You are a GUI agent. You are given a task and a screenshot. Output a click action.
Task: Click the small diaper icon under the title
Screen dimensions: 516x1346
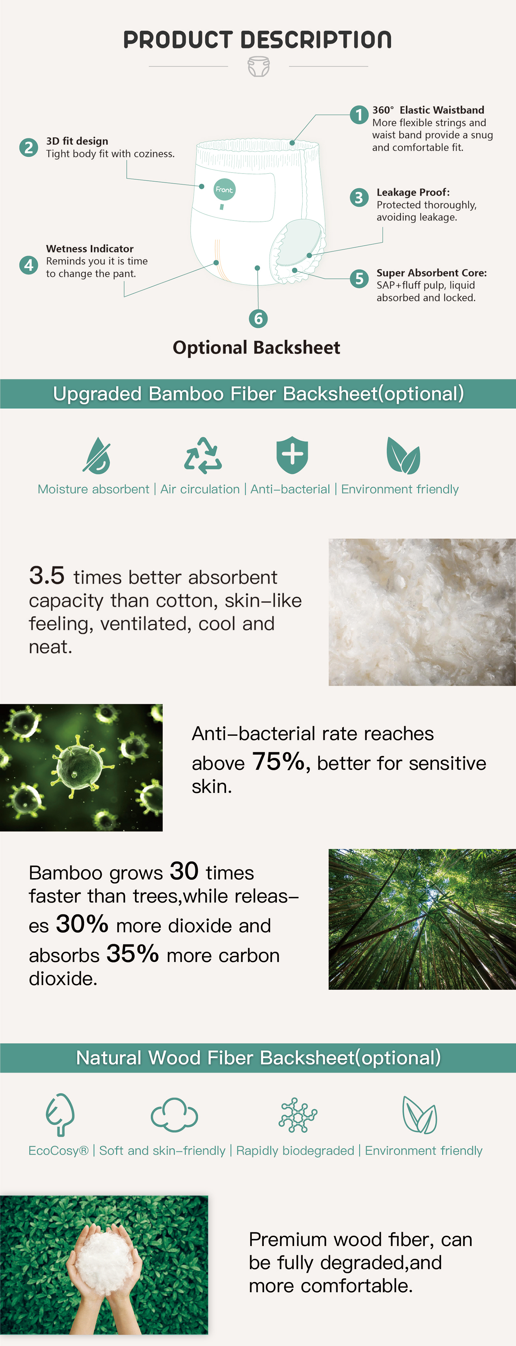pyautogui.click(x=259, y=67)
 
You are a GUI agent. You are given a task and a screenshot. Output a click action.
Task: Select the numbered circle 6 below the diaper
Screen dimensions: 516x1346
pyautogui.click(x=258, y=318)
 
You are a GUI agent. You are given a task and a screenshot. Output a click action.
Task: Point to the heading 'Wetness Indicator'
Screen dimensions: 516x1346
pyautogui.click(x=90, y=249)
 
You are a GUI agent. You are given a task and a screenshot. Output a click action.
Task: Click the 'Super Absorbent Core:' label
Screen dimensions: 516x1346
pyautogui.click(x=431, y=273)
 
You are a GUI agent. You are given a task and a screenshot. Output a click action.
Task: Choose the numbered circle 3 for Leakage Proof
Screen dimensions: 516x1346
pyautogui.click(x=359, y=198)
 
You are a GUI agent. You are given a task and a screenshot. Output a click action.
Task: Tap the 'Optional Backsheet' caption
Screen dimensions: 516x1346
pyautogui.click(x=256, y=347)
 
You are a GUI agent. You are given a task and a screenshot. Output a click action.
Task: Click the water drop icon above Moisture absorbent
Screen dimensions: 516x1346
pyautogui.click(x=97, y=455)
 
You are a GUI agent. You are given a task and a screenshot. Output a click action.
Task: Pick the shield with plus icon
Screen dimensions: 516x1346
pyautogui.click(x=292, y=455)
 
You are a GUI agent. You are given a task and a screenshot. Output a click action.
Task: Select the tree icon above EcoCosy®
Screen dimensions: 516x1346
pyautogui.click(x=60, y=1115)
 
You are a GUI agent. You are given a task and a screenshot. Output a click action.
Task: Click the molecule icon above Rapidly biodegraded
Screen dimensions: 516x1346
pyautogui.click(x=298, y=1115)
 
